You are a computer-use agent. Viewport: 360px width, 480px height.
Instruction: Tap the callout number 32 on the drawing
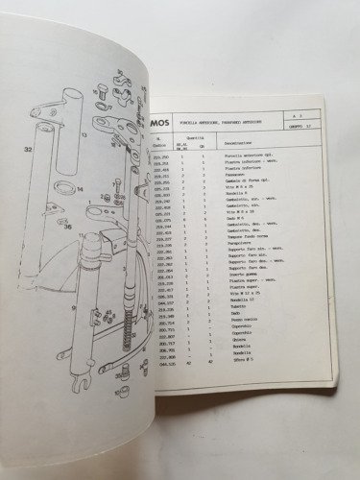[x=28, y=150]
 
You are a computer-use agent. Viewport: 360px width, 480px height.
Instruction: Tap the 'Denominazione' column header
[x=250, y=166]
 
